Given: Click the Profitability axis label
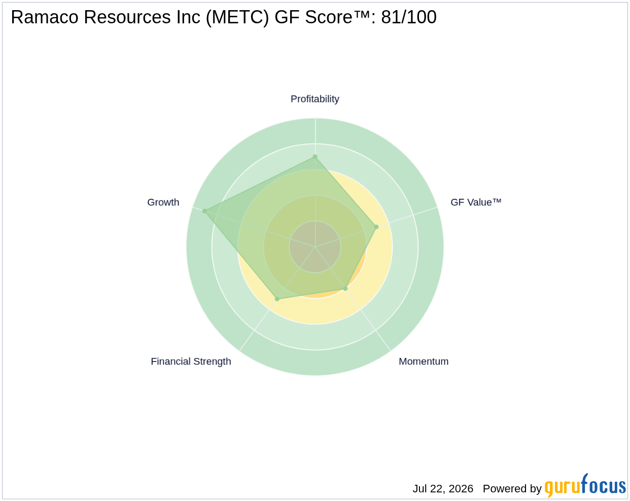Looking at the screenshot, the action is tap(314, 99).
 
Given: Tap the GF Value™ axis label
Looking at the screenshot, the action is tap(476, 202).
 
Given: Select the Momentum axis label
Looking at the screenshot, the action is tap(424, 362).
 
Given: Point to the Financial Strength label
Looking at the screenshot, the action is tap(191, 362).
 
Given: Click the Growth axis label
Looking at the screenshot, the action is tap(163, 202).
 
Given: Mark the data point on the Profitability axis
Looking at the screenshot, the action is tap(315, 157).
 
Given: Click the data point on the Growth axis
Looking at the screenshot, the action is tap(204, 211).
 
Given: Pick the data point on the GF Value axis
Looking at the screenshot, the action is tap(376, 227).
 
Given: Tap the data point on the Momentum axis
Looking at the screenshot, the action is tap(345, 289).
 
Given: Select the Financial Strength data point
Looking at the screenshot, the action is tap(277, 299).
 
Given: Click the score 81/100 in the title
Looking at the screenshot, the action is tap(409, 17).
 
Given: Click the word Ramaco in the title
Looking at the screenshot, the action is tap(45, 17).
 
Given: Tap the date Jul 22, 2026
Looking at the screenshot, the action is tap(443, 489).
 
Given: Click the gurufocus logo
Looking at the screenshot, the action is tap(585, 485).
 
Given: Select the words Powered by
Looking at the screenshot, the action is tap(512, 489).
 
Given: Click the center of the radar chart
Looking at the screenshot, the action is tap(315, 246).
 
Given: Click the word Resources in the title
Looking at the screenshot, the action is tap(127, 17).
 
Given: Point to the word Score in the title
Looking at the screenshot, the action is tap(329, 17).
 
